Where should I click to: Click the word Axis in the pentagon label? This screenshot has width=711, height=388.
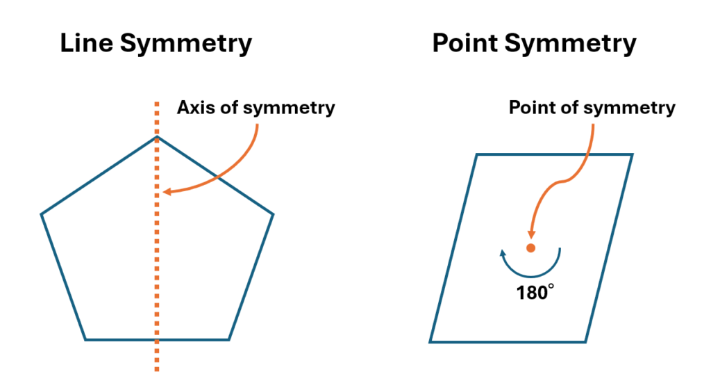[x=194, y=108]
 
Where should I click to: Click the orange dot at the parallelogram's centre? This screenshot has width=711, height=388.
[x=531, y=248]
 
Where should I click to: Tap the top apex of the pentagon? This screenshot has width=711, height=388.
[x=157, y=136]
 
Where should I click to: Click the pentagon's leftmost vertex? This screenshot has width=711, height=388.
[x=42, y=213]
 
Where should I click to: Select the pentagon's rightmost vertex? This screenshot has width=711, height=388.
[x=273, y=213]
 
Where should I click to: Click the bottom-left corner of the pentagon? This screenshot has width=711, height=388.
[x=85, y=339]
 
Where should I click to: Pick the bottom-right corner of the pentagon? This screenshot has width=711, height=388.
[x=229, y=339]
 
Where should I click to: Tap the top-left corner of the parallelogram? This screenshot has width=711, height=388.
[x=476, y=154]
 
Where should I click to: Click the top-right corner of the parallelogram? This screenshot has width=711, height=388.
[x=633, y=154]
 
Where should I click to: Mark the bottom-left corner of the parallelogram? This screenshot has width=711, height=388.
[x=430, y=341]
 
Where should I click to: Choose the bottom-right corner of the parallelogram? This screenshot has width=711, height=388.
[x=587, y=341]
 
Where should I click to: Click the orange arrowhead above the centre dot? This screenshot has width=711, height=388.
[x=531, y=235]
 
